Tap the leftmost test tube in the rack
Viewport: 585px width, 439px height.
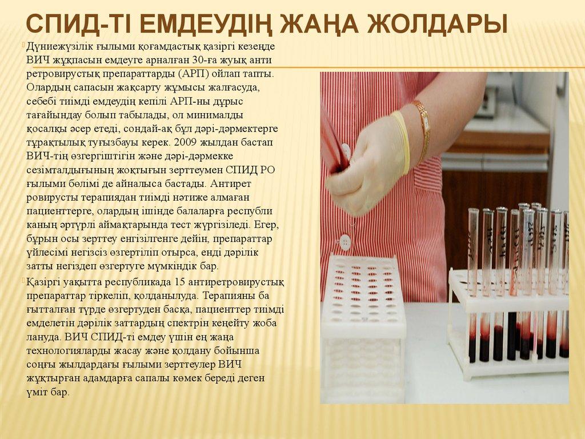[472, 286]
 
